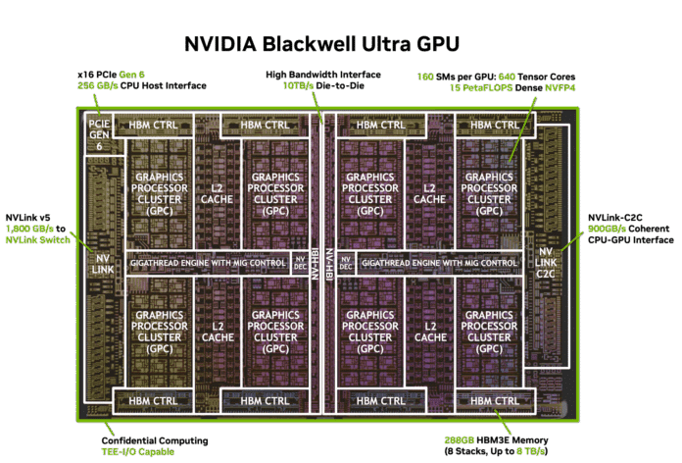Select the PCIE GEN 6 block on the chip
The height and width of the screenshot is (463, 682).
[99, 134]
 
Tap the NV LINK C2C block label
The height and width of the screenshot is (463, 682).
[546, 263]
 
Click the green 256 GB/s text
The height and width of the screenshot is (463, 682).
[97, 85]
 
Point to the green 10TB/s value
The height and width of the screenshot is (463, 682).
[298, 85]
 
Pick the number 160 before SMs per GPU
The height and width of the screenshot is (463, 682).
[425, 77]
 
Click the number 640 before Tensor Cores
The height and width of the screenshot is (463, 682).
[507, 77]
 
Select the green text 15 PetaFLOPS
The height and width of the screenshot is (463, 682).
[481, 88]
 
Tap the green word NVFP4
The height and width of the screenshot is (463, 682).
[560, 88]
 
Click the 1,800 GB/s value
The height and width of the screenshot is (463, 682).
[29, 229]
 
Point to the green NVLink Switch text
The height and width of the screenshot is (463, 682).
[38, 240]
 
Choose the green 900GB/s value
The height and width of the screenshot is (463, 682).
[607, 229]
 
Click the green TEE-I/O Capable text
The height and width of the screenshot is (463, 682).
[138, 451]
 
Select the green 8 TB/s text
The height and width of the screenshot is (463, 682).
[531, 451]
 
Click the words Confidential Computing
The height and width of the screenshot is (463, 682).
[155, 440]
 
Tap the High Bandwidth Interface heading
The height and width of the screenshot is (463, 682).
[323, 75]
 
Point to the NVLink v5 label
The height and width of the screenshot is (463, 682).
[27, 218]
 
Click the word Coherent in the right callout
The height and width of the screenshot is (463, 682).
[649, 229]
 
